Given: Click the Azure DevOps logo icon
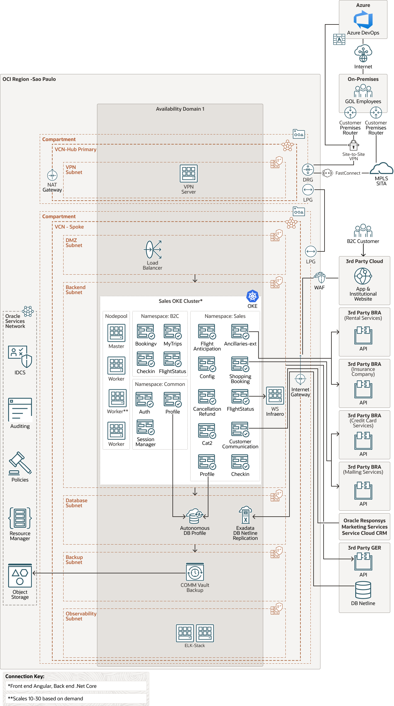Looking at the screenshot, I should [363, 19].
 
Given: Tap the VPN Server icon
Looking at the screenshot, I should [188, 173].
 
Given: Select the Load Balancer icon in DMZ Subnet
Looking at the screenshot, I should [153, 250].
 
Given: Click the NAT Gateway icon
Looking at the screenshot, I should [52, 175].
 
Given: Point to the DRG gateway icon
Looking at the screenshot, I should [308, 170].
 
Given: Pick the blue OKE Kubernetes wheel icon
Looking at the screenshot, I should [252, 296].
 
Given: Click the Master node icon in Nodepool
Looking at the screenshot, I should [116, 333].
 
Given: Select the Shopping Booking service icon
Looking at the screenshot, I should [240, 364].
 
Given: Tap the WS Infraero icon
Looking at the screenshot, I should [275, 396].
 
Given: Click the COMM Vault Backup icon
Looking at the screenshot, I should [195, 572].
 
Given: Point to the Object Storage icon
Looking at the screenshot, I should [20, 576].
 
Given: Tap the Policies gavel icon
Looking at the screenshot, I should [20, 463].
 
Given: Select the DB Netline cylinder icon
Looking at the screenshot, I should [363, 590].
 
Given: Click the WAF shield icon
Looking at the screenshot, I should [320, 277].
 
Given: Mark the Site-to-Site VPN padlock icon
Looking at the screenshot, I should [353, 145].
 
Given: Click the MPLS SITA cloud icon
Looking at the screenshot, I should [381, 168].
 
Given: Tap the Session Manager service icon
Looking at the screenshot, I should [145, 428].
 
